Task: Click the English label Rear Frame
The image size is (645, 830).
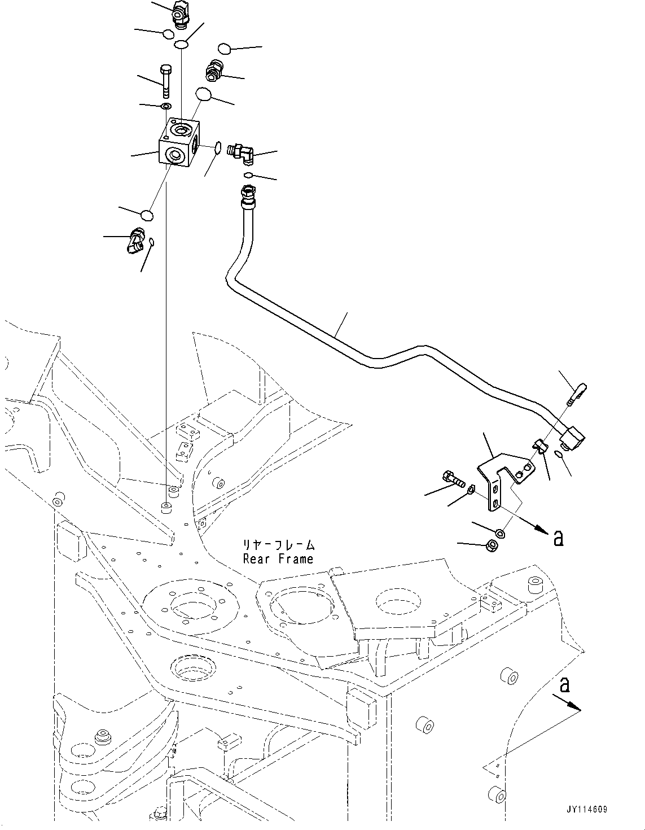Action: (278, 559)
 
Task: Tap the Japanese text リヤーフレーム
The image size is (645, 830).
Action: (279, 545)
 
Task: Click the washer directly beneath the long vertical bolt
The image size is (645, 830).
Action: (165, 107)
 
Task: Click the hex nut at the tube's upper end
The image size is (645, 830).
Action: (248, 195)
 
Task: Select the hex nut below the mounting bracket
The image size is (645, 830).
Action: (492, 545)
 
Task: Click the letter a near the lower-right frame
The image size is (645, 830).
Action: (564, 685)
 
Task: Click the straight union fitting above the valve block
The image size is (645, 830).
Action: (214, 70)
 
